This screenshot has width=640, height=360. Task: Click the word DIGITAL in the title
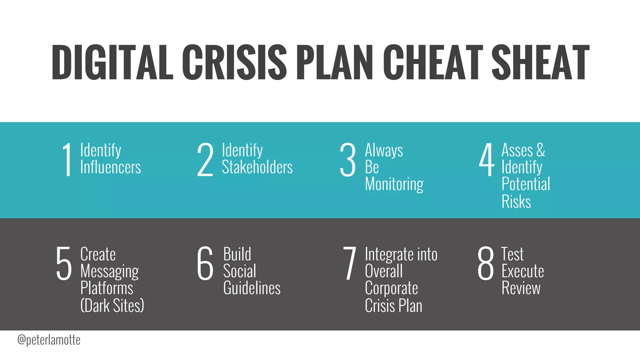tap(112, 62)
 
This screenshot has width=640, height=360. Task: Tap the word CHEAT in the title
tap(433, 62)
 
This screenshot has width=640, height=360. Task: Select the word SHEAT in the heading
tap(540, 62)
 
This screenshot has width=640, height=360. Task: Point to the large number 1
tap(67, 160)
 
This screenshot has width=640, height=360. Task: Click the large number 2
tap(205, 160)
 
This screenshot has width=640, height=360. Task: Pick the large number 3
tap(347, 160)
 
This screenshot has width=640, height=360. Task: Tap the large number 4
tap(487, 160)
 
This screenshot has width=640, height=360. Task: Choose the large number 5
tap(64, 263)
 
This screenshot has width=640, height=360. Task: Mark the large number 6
tap(205, 263)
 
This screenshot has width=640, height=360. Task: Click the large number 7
tap(349, 263)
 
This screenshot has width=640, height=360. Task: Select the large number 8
tap(486, 263)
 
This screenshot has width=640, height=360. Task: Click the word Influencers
tap(111, 167)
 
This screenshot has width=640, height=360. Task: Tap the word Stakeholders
tap(257, 167)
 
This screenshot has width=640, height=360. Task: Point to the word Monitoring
tap(394, 184)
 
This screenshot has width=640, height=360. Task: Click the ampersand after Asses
tap(541, 150)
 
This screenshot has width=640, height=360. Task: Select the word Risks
tap(516, 202)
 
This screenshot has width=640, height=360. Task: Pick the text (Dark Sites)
tap(112, 306)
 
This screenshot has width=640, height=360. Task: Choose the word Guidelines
tap(252, 288)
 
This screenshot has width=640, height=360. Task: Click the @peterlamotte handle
tap(49, 340)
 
